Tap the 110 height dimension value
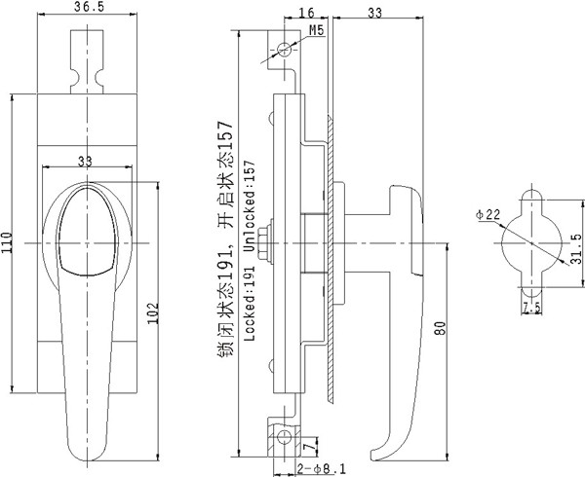tap(7, 242)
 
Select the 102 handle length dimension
tap(153, 313)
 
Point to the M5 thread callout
tap(316, 30)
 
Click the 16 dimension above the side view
tap(307, 13)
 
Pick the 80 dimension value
tap(441, 328)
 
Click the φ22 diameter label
tap(487, 215)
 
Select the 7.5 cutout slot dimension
tap(531, 308)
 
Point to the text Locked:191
tap(249, 304)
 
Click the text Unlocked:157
tap(249, 206)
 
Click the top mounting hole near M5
tap(285, 49)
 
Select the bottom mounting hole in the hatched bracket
tap(285, 437)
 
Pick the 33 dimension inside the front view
tap(85, 162)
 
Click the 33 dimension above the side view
tap(375, 13)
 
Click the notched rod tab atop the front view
tap(87, 61)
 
